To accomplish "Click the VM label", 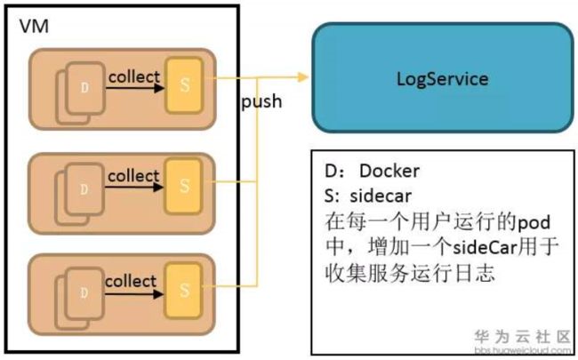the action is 34,27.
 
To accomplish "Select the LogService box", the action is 443,77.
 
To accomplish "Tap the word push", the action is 261,101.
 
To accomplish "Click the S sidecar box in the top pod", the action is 184,85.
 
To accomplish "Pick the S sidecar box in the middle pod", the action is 183,186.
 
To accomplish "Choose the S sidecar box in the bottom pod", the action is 183,291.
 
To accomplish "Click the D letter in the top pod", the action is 84,88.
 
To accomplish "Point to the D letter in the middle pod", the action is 84,189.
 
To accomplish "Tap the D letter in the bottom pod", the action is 84,293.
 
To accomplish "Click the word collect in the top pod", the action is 134,77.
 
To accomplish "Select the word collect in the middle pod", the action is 133,176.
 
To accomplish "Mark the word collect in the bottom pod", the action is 131,282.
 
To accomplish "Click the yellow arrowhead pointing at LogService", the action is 303,77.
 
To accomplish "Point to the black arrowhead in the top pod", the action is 159,88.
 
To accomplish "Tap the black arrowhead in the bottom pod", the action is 158,294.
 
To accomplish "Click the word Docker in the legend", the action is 389,171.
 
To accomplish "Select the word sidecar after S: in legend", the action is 381,196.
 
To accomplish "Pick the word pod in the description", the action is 534,223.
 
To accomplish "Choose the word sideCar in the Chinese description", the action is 486,247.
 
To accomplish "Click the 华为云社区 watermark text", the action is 522,337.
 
